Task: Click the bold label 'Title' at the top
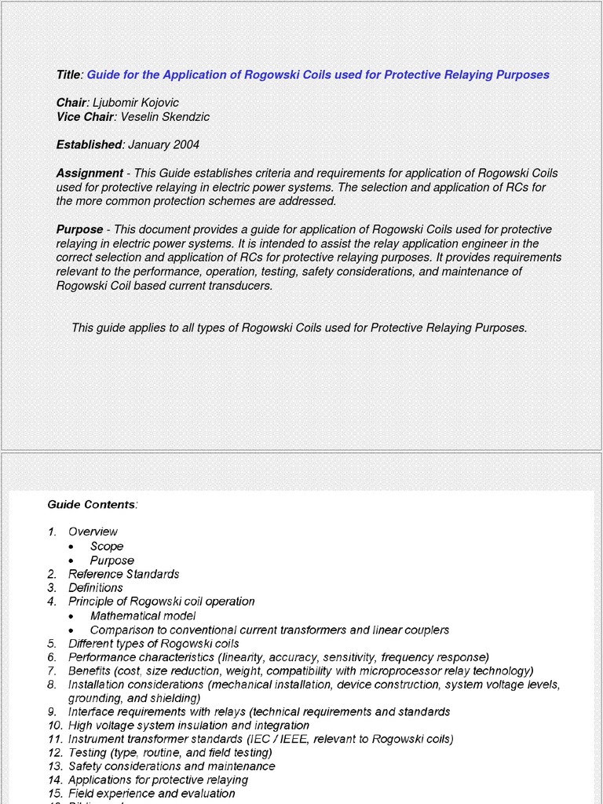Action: click(68, 75)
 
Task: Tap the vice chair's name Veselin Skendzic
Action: click(165, 117)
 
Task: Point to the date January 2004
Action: click(163, 144)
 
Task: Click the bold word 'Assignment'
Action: click(90, 173)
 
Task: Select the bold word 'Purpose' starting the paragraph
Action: click(79, 229)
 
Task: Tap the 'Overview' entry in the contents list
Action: click(93, 532)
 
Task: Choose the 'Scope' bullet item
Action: click(107, 546)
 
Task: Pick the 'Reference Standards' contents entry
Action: click(123, 574)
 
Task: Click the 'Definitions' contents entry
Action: click(96, 587)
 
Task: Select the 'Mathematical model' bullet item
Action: click(143, 616)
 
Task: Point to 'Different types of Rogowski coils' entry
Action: click(154, 643)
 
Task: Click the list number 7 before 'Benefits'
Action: click(51, 671)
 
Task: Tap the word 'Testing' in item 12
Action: click(88, 752)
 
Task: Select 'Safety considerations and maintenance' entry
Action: click(171, 766)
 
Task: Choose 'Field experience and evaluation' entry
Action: click(152, 793)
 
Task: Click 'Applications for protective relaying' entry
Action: click(158, 780)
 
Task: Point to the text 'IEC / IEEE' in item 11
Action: click(283, 739)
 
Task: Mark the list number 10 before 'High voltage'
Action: click(54, 725)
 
